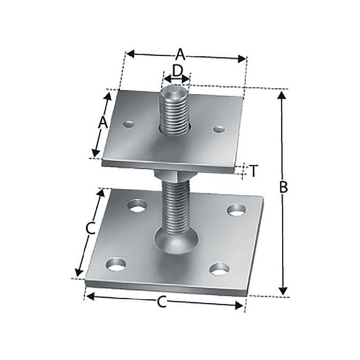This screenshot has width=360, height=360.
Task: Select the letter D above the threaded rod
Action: pos(178,71)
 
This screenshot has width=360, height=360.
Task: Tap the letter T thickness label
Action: pos(254,171)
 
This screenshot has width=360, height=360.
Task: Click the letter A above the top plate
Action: pos(180,55)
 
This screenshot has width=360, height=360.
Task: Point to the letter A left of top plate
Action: pos(103,122)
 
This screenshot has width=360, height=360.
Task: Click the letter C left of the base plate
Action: pos(90,229)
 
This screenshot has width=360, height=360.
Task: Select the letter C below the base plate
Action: pos(162,303)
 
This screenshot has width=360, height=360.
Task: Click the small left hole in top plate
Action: pos(129,123)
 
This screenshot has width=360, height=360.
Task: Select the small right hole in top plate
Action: pos(219,130)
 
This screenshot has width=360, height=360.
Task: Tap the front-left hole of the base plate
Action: pos(116,264)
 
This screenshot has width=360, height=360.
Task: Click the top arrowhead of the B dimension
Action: pos(282,94)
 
